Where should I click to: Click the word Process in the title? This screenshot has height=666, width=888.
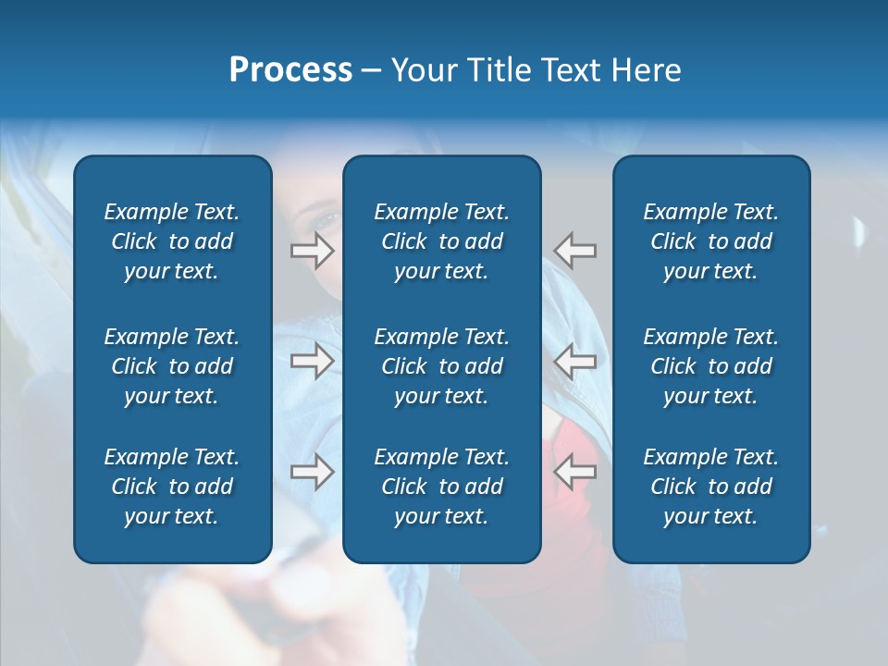(x=290, y=70)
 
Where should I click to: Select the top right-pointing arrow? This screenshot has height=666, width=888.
(x=312, y=250)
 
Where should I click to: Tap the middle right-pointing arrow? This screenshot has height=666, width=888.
(x=312, y=361)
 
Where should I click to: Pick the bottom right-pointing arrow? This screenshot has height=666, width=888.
(x=312, y=473)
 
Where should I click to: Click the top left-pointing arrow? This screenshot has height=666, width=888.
(x=575, y=250)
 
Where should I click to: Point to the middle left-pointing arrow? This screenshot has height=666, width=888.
(x=575, y=361)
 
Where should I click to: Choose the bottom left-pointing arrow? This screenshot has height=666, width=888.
(x=575, y=473)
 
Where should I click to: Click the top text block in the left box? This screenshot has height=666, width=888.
(x=172, y=241)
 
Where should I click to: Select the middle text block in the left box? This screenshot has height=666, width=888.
(x=172, y=366)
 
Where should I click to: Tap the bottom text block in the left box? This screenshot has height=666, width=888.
(x=172, y=487)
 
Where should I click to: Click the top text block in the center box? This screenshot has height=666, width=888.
(x=441, y=241)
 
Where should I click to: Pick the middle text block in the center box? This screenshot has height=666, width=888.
(x=441, y=366)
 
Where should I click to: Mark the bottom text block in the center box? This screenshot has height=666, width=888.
(x=441, y=487)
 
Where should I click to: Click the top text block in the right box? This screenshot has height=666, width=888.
(x=710, y=241)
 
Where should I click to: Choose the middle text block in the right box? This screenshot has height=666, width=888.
(x=710, y=366)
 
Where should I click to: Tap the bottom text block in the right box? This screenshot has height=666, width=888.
(x=710, y=487)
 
